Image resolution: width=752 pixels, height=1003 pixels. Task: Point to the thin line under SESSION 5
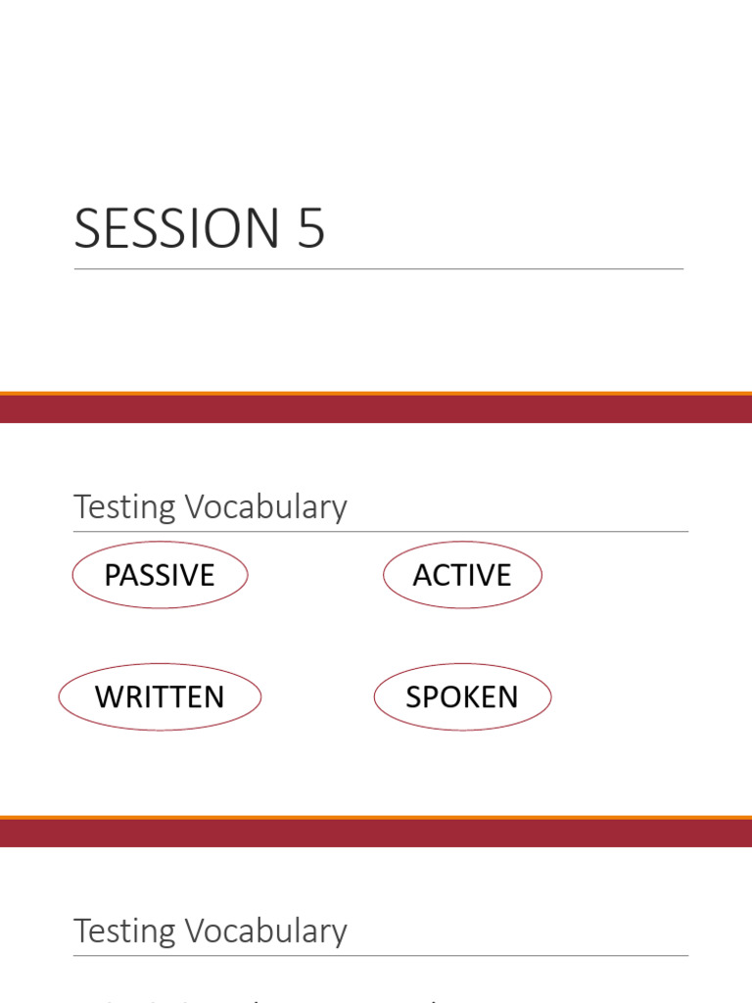(378, 268)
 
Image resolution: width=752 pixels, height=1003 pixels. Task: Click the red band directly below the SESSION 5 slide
(376, 409)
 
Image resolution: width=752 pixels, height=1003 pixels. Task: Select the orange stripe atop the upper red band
(376, 394)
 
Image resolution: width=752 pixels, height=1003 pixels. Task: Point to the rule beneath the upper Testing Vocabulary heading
(380, 532)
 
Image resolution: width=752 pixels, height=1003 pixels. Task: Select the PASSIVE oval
(160, 575)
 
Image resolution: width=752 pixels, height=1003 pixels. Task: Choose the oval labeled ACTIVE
(462, 575)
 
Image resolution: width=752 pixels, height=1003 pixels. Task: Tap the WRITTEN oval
(160, 697)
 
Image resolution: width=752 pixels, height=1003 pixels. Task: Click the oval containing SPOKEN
(462, 697)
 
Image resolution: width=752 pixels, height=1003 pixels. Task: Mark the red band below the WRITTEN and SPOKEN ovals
(376, 834)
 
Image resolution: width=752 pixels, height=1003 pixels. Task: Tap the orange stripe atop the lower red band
(376, 818)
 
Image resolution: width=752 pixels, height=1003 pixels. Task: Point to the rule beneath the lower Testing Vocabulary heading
(380, 956)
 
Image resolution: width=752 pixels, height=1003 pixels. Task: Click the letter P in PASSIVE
(113, 575)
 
